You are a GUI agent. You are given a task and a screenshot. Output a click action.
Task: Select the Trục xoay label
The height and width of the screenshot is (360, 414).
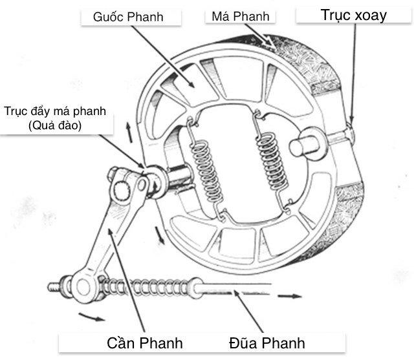(353, 15)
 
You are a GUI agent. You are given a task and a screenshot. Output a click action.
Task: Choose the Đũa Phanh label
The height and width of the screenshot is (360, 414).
(267, 341)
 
